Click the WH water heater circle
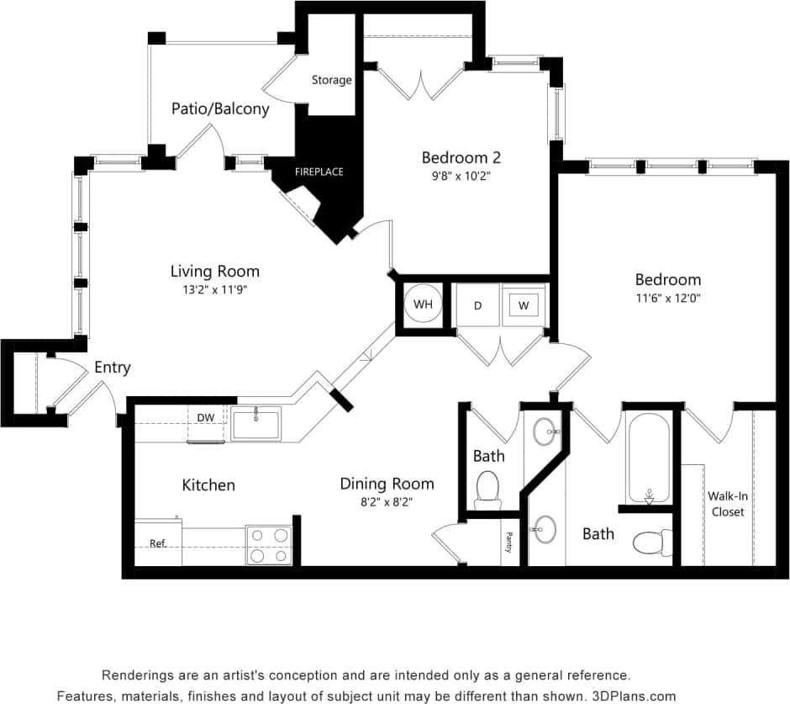(x=422, y=304)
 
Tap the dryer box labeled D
(x=477, y=305)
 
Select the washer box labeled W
(x=524, y=305)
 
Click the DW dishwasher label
(x=206, y=417)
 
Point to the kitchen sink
(x=256, y=423)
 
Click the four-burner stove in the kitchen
(x=268, y=544)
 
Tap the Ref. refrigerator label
(x=157, y=543)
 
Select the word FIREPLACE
(x=319, y=172)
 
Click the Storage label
(x=331, y=80)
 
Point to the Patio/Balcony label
(x=220, y=109)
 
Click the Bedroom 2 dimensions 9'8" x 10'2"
(x=461, y=177)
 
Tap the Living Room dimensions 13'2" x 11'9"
(x=214, y=289)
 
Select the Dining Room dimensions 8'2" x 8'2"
(x=387, y=501)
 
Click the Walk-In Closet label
(x=727, y=504)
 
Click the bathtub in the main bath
(x=648, y=458)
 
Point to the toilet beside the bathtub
(x=652, y=543)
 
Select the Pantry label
(x=508, y=542)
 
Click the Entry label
(x=112, y=368)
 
